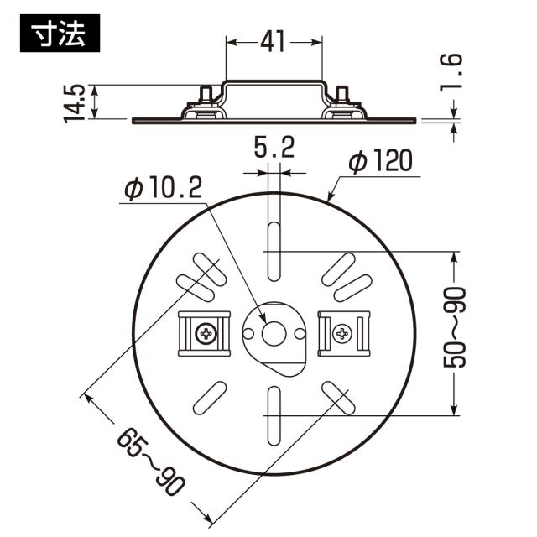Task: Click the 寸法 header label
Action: (x=60, y=34)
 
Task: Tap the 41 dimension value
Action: (x=273, y=42)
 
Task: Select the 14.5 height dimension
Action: (x=75, y=103)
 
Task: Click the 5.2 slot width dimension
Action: (x=274, y=148)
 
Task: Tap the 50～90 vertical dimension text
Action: (x=455, y=327)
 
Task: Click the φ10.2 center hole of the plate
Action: (x=274, y=333)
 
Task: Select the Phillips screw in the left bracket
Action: (x=206, y=333)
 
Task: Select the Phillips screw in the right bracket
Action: (x=342, y=333)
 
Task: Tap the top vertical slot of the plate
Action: (x=274, y=252)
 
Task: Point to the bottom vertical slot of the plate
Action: (x=274, y=416)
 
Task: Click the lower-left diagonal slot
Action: (x=210, y=398)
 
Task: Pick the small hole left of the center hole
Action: (x=248, y=333)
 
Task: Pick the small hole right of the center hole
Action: (x=300, y=333)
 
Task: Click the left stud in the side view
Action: (x=206, y=94)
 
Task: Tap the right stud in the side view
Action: (x=341, y=94)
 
